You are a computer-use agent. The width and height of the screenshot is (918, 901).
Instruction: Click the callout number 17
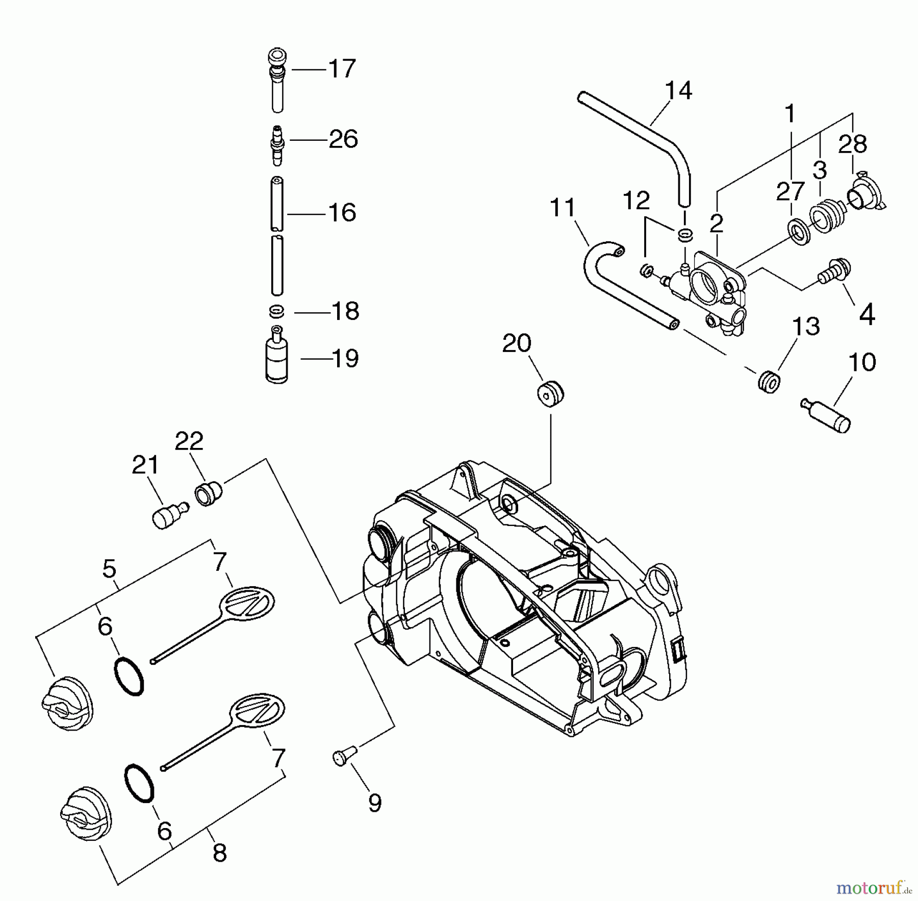pos(342,69)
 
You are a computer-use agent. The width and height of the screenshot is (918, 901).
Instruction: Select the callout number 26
pos(343,139)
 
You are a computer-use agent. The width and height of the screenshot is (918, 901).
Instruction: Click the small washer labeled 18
pos(277,311)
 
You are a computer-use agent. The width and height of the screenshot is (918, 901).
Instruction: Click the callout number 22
pos(189,441)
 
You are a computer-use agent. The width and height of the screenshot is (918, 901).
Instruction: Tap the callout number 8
pos(219,852)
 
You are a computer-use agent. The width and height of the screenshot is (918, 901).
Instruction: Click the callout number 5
pos(109,568)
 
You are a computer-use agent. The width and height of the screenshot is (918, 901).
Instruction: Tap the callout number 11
pos(563,208)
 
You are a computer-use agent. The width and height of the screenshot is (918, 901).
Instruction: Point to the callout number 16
pos(342,212)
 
